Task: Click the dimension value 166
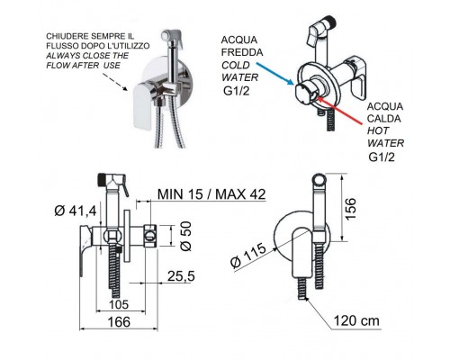[x=119, y=322]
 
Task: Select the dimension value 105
[x=119, y=304]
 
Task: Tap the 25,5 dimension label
[x=181, y=276]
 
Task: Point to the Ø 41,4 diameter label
[x=76, y=211]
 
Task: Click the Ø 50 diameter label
[x=185, y=236]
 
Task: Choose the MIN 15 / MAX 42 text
[x=211, y=194]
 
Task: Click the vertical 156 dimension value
[x=350, y=209]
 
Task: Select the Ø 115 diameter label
[x=248, y=255]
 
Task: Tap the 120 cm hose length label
[x=356, y=320]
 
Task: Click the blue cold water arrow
[x=274, y=74]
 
